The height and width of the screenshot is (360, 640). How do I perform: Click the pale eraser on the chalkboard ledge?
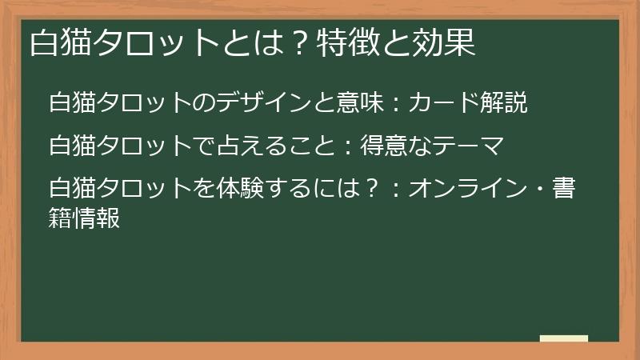click(x=563, y=338)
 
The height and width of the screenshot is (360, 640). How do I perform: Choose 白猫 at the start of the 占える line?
click(x=70, y=147)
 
